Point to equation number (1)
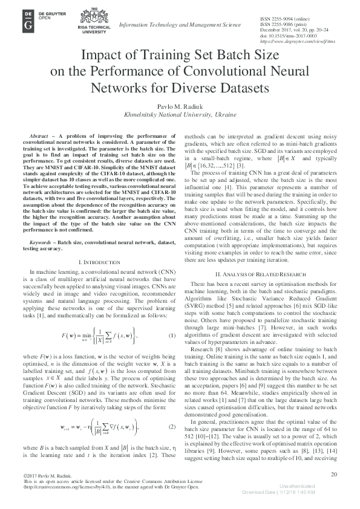pos(172,336)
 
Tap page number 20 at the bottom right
pos(332,475)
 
